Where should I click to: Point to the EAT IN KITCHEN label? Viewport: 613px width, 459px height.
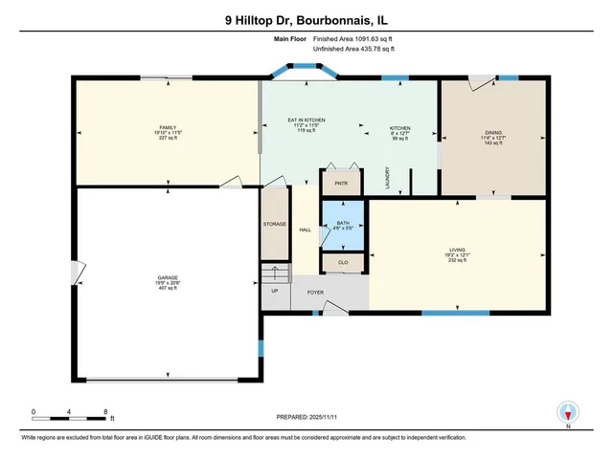point(307,121)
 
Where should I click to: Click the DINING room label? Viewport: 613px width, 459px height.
point(494,134)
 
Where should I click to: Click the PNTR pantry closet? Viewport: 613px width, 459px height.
point(341,181)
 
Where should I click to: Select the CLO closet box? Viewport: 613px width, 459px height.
point(342,261)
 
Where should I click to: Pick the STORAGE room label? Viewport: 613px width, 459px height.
point(275,224)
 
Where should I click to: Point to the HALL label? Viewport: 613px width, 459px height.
point(305,229)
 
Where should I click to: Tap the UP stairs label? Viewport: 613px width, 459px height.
point(275,291)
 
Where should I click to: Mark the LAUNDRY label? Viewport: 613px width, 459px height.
point(388,179)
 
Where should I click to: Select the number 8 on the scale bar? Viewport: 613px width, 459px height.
point(104,411)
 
